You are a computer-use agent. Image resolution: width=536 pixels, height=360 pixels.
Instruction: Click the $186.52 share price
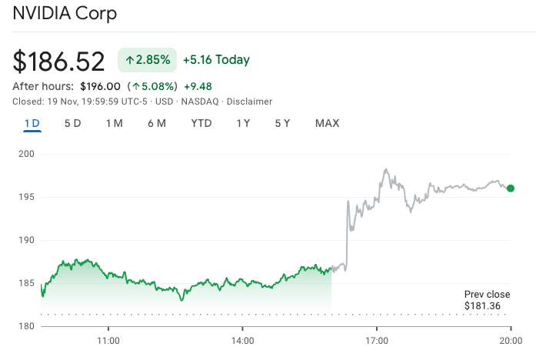coord(59,62)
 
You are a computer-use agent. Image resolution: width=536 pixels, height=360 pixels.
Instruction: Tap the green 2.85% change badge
coord(147,60)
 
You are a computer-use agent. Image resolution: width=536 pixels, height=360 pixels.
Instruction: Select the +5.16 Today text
coord(216,60)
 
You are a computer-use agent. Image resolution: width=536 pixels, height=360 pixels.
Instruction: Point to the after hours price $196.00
coord(100,86)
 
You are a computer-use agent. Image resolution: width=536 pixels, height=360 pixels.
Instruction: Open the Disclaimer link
coord(251,102)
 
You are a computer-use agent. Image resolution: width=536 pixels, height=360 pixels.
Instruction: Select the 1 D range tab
coord(32,123)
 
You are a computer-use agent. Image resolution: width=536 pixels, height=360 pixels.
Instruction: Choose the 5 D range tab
coord(72,123)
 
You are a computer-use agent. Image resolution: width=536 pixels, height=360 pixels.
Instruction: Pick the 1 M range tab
coord(115,123)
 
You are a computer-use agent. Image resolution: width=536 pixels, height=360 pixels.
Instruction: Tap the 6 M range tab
coord(157,123)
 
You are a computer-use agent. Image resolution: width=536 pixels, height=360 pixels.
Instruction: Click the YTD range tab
coord(201,123)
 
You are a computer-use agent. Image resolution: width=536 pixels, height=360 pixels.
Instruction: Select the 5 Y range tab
coord(282,123)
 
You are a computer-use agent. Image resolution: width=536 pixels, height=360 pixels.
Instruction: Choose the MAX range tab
coord(327,123)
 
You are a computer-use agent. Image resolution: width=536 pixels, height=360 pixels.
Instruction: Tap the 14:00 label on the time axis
coord(242,340)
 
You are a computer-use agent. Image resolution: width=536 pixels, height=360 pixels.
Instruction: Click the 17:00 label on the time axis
coord(377,340)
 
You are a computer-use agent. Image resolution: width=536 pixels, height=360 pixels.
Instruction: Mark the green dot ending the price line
coord(511,188)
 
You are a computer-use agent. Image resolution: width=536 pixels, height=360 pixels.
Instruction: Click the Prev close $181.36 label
coord(487,301)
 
